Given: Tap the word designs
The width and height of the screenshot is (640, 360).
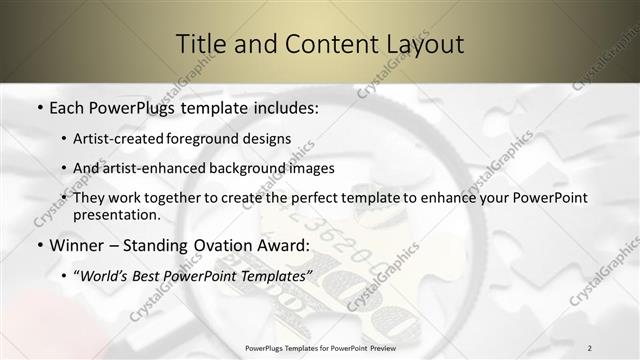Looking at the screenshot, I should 265,138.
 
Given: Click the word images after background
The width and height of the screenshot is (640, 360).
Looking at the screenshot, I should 312,168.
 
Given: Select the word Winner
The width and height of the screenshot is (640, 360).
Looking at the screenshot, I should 76,244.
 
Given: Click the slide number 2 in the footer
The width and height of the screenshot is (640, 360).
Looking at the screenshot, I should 590,347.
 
